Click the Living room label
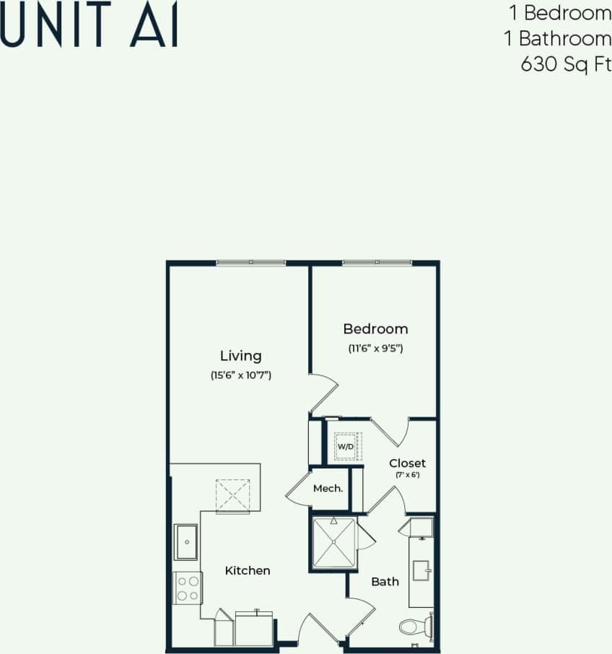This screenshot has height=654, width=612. coord(240,356)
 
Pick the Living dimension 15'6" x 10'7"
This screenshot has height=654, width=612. coord(240,375)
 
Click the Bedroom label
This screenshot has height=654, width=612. coord(375,329)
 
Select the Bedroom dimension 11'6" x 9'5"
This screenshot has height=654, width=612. coord(375,348)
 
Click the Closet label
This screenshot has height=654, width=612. coord(407,463)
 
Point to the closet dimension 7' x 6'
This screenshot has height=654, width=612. coord(407,475)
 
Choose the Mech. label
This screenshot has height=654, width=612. coord(328,489)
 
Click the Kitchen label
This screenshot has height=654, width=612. coord(248,570)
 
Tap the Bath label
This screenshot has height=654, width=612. coord(385,581)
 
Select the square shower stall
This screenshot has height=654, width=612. coord(333,542)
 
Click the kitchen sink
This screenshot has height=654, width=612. coord(187,542)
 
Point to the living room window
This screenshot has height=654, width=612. coord(251,263)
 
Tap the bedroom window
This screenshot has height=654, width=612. coord(376,263)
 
